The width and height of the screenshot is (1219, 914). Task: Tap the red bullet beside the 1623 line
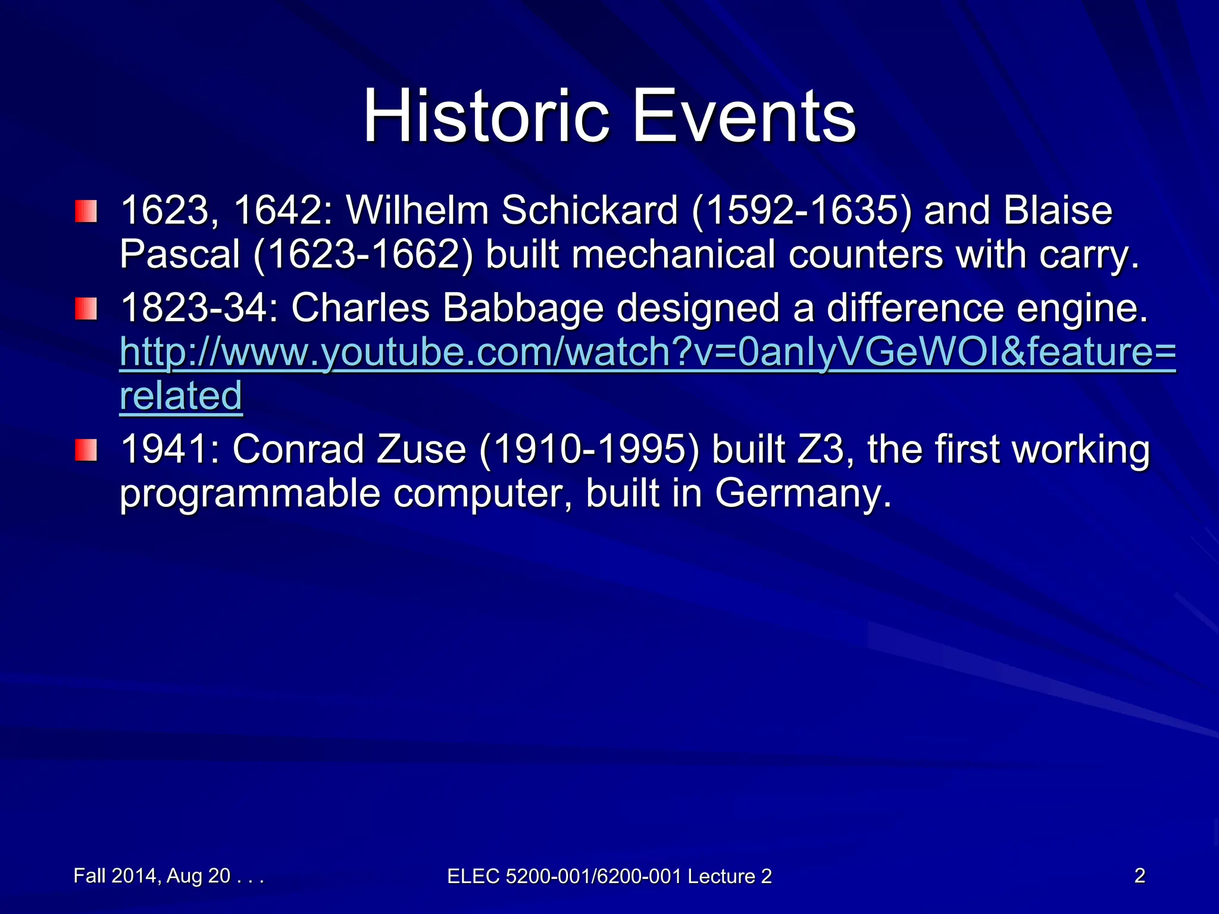pyautogui.click(x=86, y=212)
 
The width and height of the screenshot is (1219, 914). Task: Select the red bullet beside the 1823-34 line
pyautogui.click(x=86, y=309)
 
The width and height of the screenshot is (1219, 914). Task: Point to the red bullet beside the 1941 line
pyautogui.click(x=86, y=450)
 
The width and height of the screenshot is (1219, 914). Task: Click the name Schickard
pyautogui.click(x=589, y=211)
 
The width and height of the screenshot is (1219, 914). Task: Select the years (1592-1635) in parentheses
pyautogui.click(x=801, y=211)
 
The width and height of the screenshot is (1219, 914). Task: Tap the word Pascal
pyautogui.click(x=179, y=255)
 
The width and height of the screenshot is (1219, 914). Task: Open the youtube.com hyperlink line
pyautogui.click(x=648, y=352)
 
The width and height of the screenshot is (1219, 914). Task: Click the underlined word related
pyautogui.click(x=181, y=396)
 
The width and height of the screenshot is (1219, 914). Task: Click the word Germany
pyautogui.click(x=803, y=493)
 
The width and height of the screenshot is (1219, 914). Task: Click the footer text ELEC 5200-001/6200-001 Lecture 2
pyautogui.click(x=609, y=877)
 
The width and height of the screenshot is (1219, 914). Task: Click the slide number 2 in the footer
pyautogui.click(x=1139, y=876)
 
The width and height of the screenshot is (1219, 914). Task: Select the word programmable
pyautogui.click(x=249, y=494)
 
